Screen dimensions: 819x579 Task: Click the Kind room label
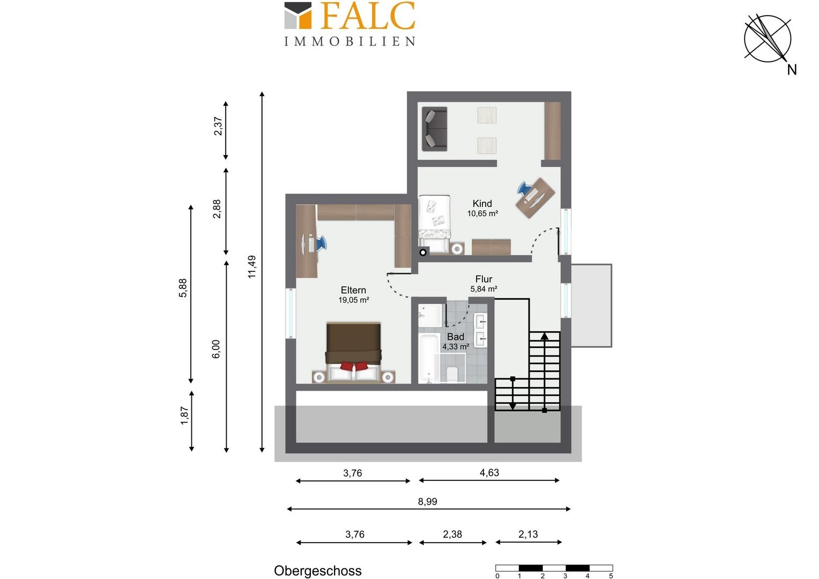[482, 203]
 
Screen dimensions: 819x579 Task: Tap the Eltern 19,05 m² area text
[354, 300]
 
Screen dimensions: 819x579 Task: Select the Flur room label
[483, 279]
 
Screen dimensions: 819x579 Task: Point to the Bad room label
[456, 337]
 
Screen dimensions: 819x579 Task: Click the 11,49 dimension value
[252, 266]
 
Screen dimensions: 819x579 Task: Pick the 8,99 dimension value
[427, 501]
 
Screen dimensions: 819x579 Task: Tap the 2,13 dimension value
[528, 535]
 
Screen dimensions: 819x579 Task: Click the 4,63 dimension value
[489, 472]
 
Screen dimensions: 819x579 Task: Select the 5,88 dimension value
[183, 288]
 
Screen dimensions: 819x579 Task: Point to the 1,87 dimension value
[184, 416]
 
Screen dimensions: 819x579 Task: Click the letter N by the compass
[792, 70]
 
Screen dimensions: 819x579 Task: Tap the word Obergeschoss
[318, 571]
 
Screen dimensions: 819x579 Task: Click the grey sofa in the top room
[434, 129]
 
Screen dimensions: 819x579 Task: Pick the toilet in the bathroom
[452, 374]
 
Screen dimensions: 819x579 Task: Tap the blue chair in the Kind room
[524, 188]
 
